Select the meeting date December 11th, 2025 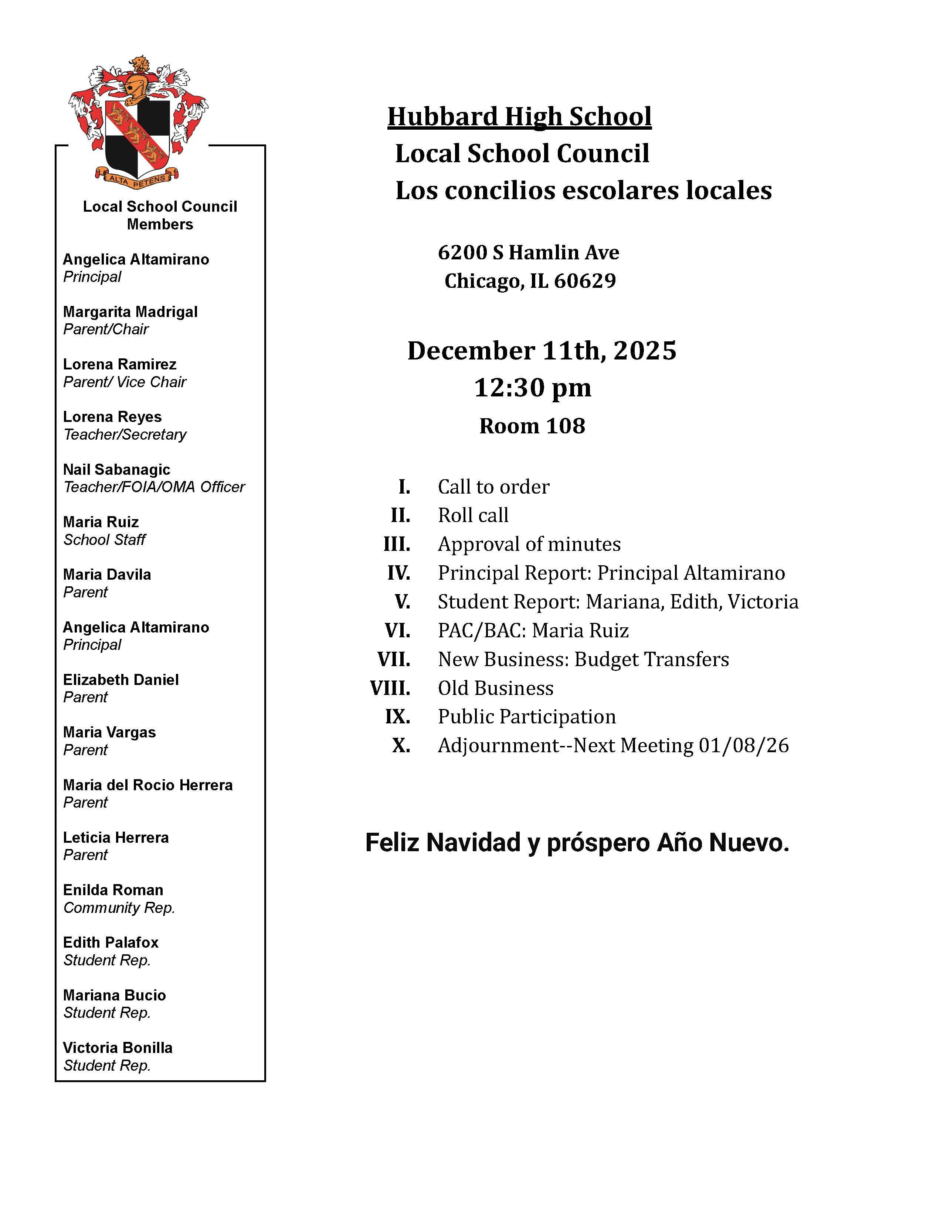(541, 351)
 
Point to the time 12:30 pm (532, 388)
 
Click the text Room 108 (532, 426)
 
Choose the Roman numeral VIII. (390, 688)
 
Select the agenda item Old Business (495, 688)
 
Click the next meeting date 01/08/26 (743, 746)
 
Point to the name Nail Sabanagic (116, 469)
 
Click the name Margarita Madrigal (130, 312)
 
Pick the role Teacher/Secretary (125, 434)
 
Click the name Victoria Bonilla (117, 1047)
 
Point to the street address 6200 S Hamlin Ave (528, 253)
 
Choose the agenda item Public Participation (526, 717)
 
